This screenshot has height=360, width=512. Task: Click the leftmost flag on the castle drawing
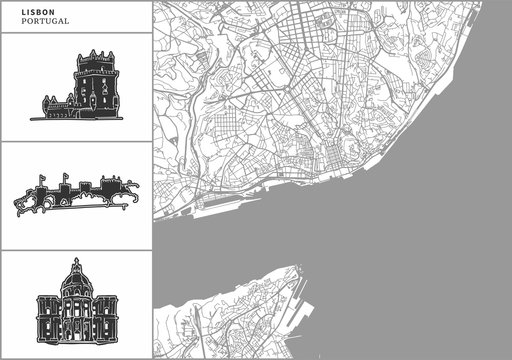coord(41,179)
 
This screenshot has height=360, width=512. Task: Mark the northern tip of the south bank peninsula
coord(295,268)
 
